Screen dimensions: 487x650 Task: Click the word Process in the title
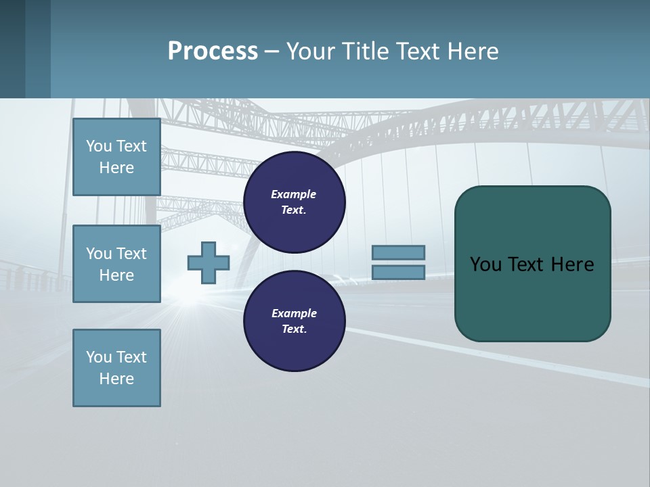[x=213, y=51]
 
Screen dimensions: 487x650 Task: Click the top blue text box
[x=116, y=157]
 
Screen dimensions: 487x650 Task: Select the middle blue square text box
[x=116, y=264]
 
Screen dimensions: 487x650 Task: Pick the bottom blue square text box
[x=116, y=368]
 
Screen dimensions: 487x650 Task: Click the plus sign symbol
[x=208, y=263]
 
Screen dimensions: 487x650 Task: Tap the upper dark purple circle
[x=294, y=202]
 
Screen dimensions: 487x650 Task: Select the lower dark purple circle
[x=294, y=321]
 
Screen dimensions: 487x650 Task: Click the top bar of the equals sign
[x=398, y=252]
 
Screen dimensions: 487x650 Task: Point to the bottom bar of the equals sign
[x=398, y=273]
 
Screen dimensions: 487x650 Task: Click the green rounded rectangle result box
[x=532, y=298]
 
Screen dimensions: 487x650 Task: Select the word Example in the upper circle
[x=293, y=194]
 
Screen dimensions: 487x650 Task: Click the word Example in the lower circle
[x=293, y=313]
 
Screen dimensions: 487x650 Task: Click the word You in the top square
[x=99, y=146]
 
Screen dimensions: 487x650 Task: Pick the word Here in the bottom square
[x=116, y=379]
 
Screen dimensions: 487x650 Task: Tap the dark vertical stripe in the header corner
[x=13, y=49]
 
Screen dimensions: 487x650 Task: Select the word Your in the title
[x=309, y=51]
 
